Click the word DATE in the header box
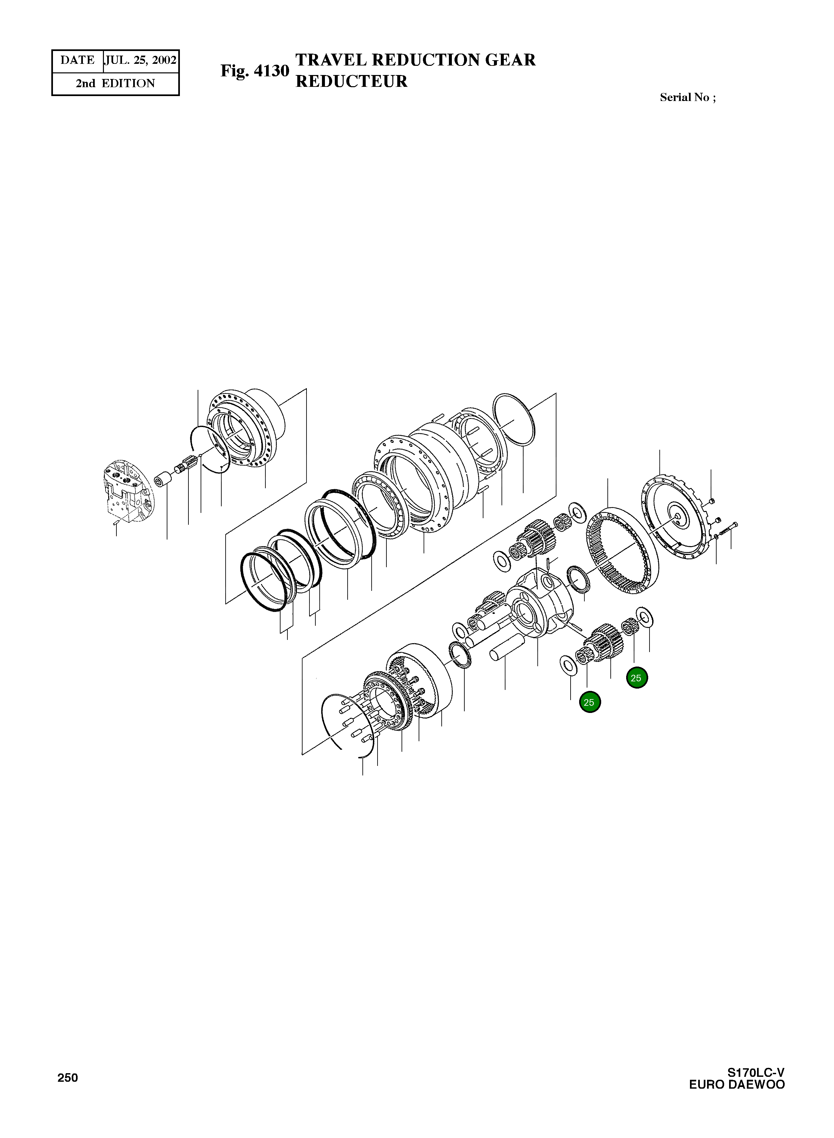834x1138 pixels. pyautogui.click(x=77, y=61)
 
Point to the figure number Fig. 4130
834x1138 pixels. pyautogui.click(x=255, y=71)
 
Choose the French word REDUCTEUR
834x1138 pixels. pyautogui.click(x=351, y=81)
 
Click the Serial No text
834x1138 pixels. pyautogui.click(x=687, y=97)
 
